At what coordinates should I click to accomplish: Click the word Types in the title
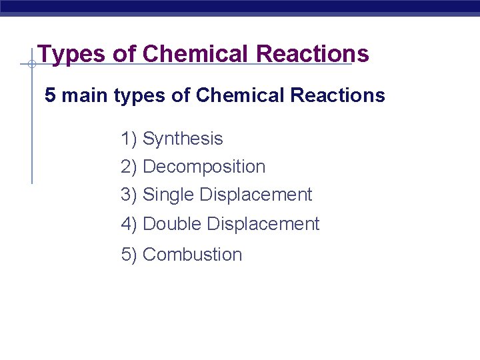click(x=70, y=54)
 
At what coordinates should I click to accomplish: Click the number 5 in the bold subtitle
click(x=50, y=95)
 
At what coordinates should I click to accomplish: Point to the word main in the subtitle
click(x=85, y=95)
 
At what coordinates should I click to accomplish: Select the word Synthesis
click(x=183, y=139)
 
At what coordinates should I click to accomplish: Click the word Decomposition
click(x=204, y=167)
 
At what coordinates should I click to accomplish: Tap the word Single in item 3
click(x=169, y=195)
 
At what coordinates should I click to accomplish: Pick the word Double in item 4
click(x=173, y=224)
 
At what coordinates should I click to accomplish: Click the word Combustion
click(x=193, y=255)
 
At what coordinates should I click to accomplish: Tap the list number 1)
click(x=129, y=139)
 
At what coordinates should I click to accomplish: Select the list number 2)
click(x=129, y=167)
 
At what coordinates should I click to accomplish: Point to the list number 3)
click(x=129, y=195)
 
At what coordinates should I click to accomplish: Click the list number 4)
click(x=129, y=224)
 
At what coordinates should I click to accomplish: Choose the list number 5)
click(x=129, y=255)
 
